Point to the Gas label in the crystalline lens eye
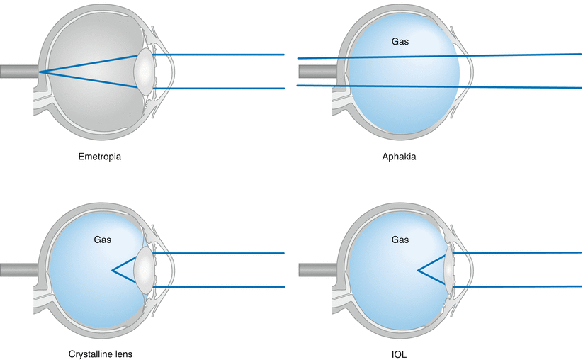click(x=103, y=240)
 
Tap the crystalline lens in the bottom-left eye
click(x=144, y=269)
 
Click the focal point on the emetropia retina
click(x=40, y=72)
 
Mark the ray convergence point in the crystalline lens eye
click(x=112, y=270)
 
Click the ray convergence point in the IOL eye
click(x=418, y=270)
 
